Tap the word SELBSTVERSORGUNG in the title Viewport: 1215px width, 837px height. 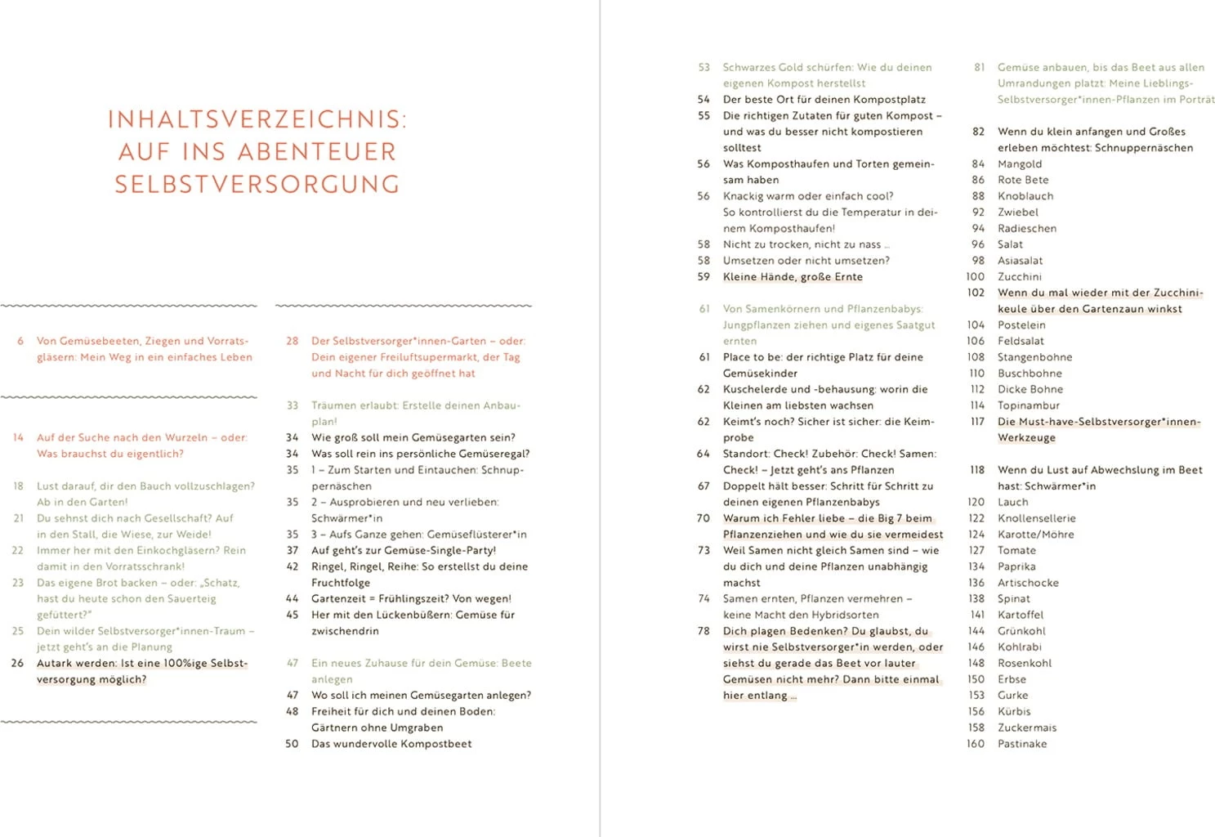click(257, 185)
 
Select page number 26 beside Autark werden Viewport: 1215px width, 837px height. click(17, 663)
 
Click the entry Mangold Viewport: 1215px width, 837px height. click(1019, 163)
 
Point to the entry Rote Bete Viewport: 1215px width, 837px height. click(1023, 180)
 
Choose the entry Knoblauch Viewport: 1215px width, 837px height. click(1025, 196)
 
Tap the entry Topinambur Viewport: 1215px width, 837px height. click(1028, 405)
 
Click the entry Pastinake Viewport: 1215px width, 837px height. click(1021, 744)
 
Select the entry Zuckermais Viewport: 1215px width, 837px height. click(1026, 727)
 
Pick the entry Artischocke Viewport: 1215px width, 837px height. click(1028, 583)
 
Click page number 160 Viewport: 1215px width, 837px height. click(976, 744)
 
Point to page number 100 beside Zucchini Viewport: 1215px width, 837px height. click(976, 276)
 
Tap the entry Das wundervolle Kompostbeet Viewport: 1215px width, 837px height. click(391, 744)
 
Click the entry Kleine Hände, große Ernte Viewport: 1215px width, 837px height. click(793, 276)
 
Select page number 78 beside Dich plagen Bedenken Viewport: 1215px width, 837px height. click(704, 631)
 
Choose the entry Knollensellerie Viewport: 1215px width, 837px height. click(1036, 518)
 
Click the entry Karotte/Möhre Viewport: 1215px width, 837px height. click(1035, 535)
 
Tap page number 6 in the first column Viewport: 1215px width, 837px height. click(20, 341)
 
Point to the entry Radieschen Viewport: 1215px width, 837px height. click(1026, 228)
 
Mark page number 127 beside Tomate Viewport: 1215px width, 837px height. click(976, 550)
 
